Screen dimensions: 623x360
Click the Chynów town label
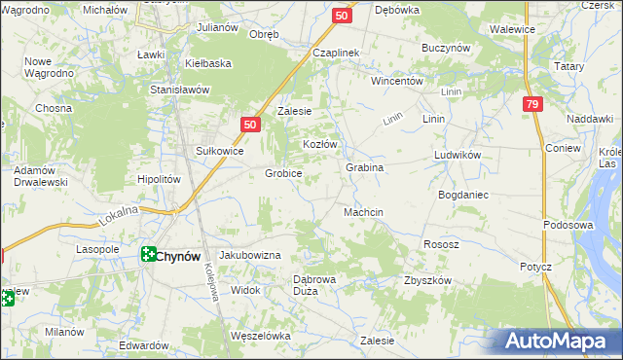(x=178, y=256)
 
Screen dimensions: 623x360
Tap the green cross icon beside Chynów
(x=148, y=255)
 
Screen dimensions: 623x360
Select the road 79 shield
(x=531, y=105)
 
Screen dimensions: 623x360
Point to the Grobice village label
(x=283, y=174)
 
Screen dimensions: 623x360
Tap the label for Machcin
(x=363, y=212)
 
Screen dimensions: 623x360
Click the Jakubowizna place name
(x=249, y=255)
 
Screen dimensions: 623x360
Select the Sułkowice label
(x=219, y=151)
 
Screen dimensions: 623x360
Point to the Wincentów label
(x=396, y=82)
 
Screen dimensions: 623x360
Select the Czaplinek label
(x=337, y=53)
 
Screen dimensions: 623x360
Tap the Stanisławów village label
(x=180, y=90)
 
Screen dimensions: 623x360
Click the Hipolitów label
(x=160, y=180)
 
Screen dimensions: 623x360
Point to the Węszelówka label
(x=261, y=336)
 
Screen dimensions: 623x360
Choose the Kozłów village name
(x=319, y=144)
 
